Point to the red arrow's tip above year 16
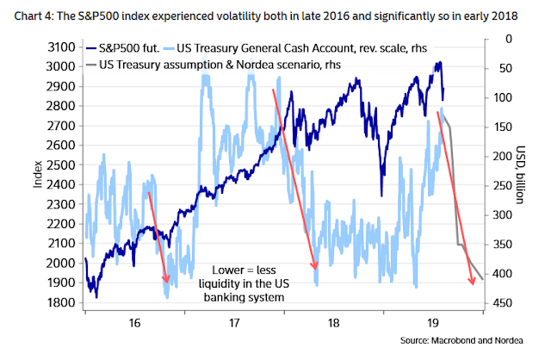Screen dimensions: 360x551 click(x=166, y=281)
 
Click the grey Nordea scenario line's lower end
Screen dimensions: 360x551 click(x=483, y=279)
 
